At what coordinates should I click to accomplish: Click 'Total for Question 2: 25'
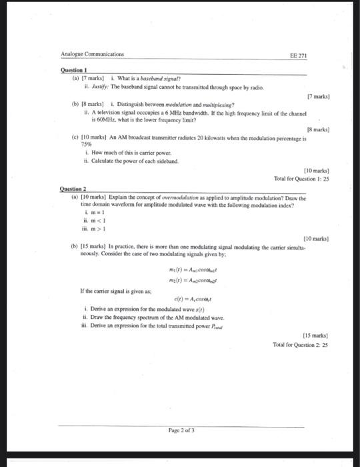coord(301,344)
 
